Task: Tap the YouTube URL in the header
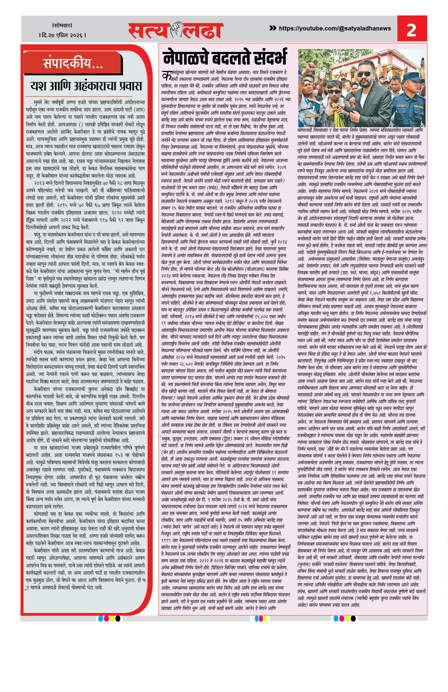(335, 28)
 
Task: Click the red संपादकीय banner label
(73, 63)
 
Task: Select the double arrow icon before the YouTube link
(273, 28)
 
